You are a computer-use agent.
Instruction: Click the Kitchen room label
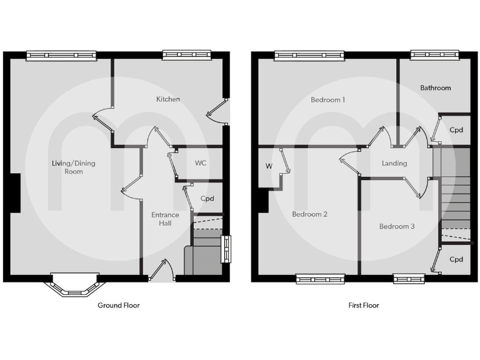[x=168, y=99]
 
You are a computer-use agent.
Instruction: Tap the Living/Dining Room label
[x=73, y=167]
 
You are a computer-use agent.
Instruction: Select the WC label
[x=201, y=163]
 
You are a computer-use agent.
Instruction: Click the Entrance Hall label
[x=165, y=219]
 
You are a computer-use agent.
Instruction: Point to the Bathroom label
[x=435, y=88]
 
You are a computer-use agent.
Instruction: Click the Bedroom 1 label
[x=328, y=99]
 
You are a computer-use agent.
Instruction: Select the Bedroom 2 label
[x=309, y=214]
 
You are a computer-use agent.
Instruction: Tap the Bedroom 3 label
[x=397, y=226]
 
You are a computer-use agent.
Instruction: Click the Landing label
[x=394, y=163]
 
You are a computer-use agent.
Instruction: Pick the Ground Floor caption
[x=119, y=306]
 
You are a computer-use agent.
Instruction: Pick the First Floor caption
[x=364, y=306]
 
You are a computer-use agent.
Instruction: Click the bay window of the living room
[x=73, y=287]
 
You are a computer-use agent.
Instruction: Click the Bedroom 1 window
[x=309, y=56]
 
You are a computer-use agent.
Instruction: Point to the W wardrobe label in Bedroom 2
[x=269, y=166]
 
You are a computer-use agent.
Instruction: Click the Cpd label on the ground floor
[x=207, y=199]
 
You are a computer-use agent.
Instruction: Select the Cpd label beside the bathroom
[x=456, y=130]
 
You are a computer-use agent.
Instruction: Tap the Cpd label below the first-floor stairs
[x=456, y=259]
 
